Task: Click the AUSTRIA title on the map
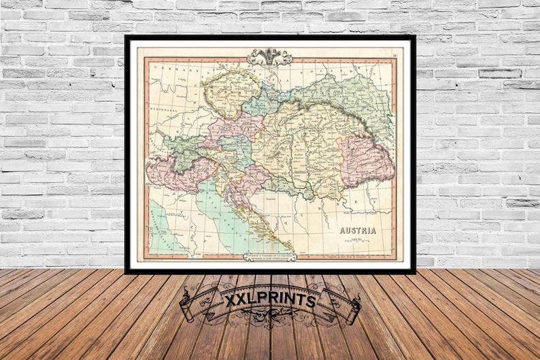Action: point(358,230)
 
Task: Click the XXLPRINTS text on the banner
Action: point(270,300)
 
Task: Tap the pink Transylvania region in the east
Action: point(366,160)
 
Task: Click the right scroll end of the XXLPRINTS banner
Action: point(352,306)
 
